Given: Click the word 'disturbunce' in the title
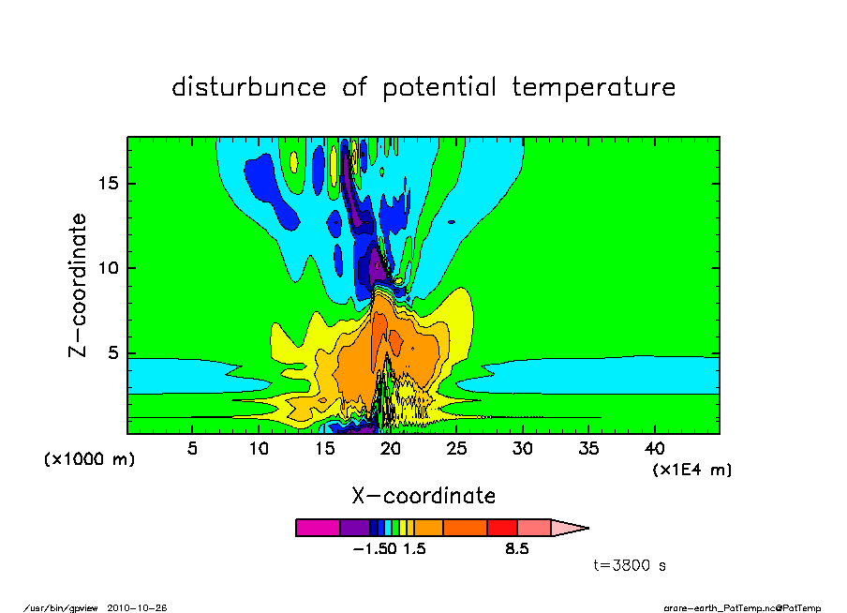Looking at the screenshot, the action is [x=249, y=86].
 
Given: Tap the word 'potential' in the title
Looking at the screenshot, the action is [x=439, y=88].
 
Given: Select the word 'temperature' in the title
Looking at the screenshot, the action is [x=594, y=87].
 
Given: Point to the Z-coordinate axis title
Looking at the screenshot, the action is [x=77, y=286].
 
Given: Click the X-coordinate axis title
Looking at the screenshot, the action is [x=423, y=496].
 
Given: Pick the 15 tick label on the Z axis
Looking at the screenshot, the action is [x=108, y=184].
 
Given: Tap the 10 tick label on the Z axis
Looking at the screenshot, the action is [x=108, y=268].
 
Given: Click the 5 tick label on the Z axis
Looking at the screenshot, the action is [x=112, y=353].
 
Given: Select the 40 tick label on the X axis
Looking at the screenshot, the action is [x=655, y=449].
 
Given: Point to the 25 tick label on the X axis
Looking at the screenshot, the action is [x=456, y=449].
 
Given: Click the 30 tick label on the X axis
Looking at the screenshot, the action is [x=523, y=449].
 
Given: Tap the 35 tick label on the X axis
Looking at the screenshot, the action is [x=588, y=449].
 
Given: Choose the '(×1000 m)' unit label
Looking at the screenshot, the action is [x=89, y=459].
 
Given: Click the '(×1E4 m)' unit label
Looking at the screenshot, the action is [x=692, y=470].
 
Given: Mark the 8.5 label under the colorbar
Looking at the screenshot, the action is [x=517, y=549].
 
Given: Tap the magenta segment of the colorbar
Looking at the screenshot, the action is [x=318, y=528].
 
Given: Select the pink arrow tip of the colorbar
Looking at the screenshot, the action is [x=570, y=528].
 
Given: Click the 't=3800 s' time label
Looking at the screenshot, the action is [x=630, y=565].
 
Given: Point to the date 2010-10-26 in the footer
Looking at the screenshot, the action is [x=137, y=607].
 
